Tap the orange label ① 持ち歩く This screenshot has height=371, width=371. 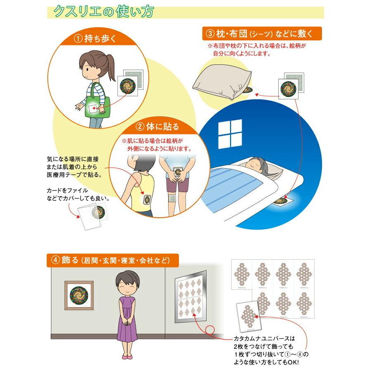(95, 39)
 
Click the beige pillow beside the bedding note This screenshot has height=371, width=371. (221, 81)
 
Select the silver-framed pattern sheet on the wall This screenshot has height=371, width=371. (190, 295)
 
